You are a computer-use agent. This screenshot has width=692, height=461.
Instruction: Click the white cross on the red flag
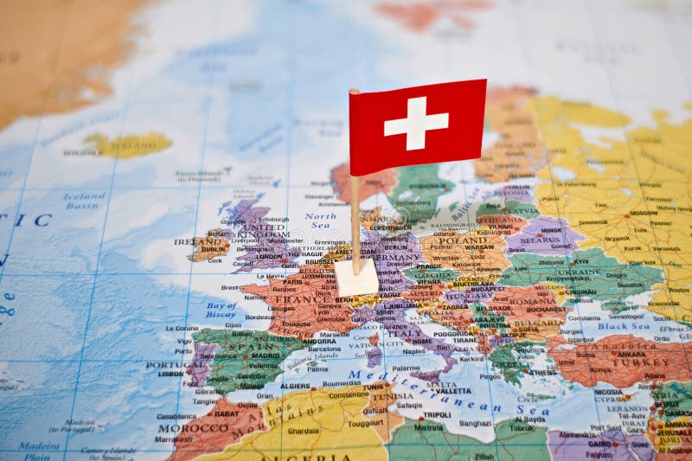pos(416,123)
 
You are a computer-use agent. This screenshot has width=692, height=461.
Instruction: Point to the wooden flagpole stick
pos(355,216)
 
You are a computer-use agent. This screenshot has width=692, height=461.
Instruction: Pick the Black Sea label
pos(623,326)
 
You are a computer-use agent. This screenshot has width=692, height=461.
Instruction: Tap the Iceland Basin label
pos(84,201)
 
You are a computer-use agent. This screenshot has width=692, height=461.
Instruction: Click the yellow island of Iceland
pos(130,144)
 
